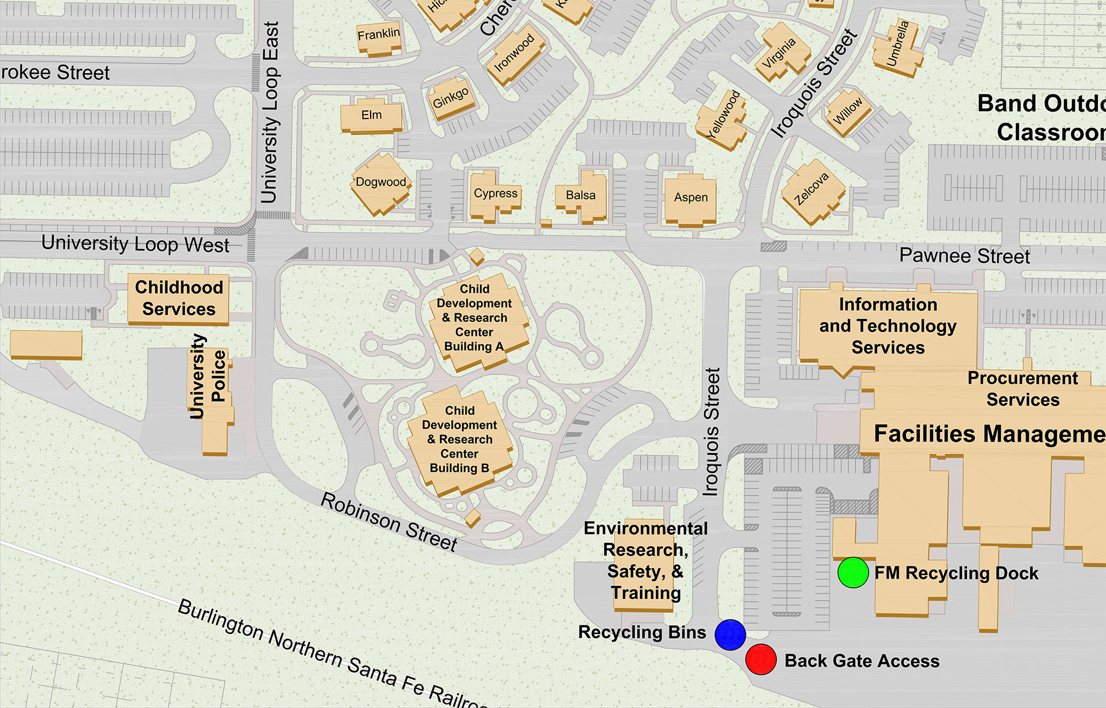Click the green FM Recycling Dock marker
pyautogui.click(x=853, y=573)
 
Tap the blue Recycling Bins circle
pyautogui.click(x=730, y=635)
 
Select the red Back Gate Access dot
pyautogui.click(x=761, y=659)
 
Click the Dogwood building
pyautogui.click(x=381, y=183)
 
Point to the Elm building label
pyautogui.click(x=372, y=115)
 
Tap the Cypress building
pyautogui.click(x=495, y=194)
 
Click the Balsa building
pyautogui.click(x=581, y=195)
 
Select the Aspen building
pyautogui.click(x=691, y=198)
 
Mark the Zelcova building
pyautogui.click(x=812, y=190)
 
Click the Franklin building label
pyautogui.click(x=379, y=35)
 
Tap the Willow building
pyautogui.click(x=847, y=110)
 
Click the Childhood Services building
pyautogui.click(x=179, y=298)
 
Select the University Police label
pyautogui.click(x=208, y=376)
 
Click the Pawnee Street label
pyautogui.click(x=964, y=255)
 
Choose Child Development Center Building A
pyautogui.click(x=475, y=318)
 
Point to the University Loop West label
pyautogui.click(x=135, y=244)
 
